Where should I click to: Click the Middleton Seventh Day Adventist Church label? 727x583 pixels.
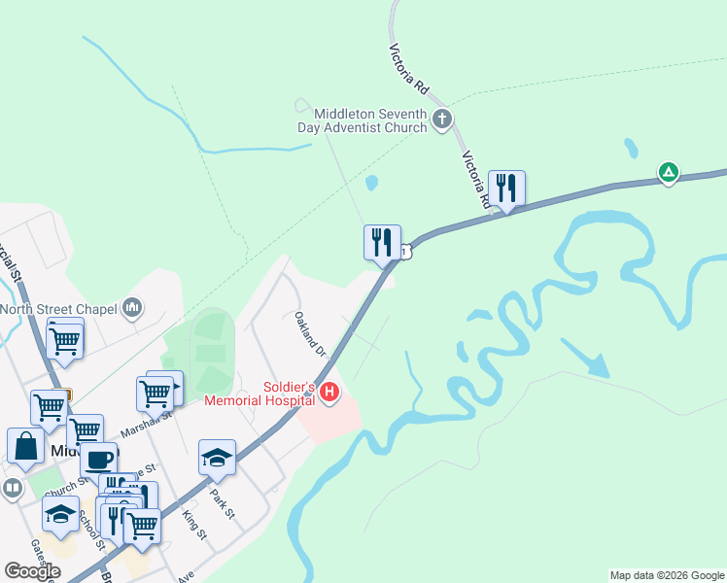click(x=363, y=120)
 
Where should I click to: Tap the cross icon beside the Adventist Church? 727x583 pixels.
click(x=442, y=120)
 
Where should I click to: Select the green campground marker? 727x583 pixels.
click(x=669, y=173)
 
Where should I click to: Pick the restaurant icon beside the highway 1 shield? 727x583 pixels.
click(x=382, y=241)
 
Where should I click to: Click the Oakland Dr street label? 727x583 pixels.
click(x=309, y=331)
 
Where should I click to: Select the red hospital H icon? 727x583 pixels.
click(x=329, y=393)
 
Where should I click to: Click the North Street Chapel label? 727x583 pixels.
click(x=58, y=310)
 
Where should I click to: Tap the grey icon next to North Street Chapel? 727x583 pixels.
click(x=132, y=309)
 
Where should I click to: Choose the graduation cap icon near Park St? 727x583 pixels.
click(x=217, y=456)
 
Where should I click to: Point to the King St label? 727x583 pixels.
click(x=194, y=525)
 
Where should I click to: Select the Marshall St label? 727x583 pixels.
click(x=146, y=424)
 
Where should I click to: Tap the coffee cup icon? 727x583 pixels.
click(x=98, y=460)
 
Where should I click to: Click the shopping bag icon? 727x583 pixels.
click(x=25, y=446)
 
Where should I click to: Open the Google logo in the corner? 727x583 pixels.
click(x=32, y=571)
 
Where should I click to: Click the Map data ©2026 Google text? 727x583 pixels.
click(x=666, y=575)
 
